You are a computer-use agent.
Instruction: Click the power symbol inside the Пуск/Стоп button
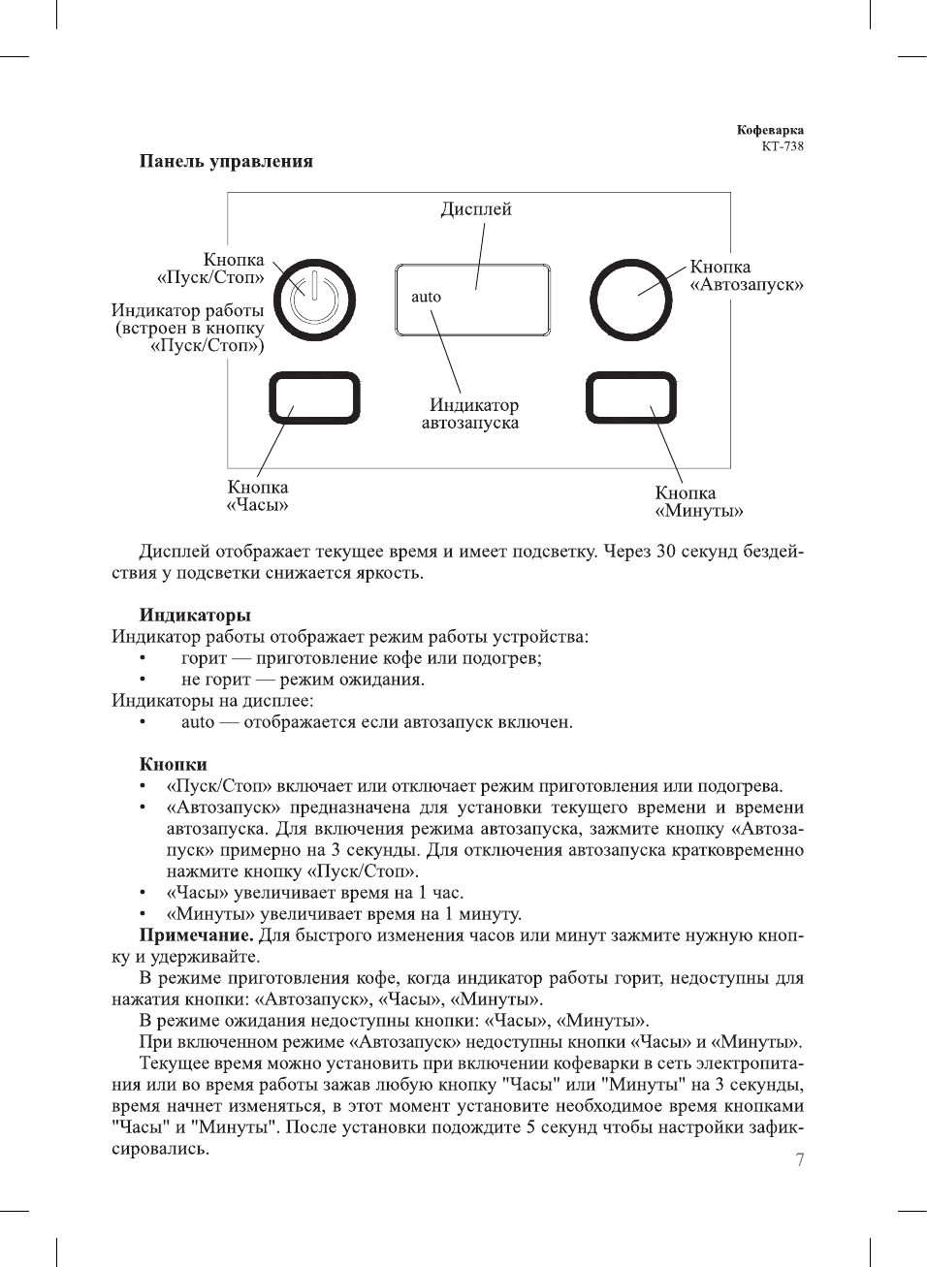pos(314,299)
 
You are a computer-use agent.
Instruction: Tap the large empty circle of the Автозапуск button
pos(630,300)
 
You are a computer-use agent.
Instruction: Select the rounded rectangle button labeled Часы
pos(314,398)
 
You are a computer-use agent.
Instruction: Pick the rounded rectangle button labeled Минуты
pos(631,398)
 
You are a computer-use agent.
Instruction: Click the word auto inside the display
pos(426,298)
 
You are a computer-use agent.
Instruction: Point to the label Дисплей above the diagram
pos(475,209)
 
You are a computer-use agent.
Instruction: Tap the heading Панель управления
pos(226,161)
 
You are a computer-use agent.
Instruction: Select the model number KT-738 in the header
pos(783,146)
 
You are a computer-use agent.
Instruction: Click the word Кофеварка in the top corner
pos(770,130)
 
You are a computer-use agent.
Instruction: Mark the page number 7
pos(800,1160)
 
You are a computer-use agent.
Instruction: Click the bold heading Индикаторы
pos(195,615)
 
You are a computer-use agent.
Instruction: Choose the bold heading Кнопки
pos(173,764)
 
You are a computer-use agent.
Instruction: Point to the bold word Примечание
pos(196,935)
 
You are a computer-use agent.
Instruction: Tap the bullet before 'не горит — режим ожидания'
pos(143,680)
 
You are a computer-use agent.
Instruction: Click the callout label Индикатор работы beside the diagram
pos(187,310)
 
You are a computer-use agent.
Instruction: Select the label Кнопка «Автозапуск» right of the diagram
pos(746,275)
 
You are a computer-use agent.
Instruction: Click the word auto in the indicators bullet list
pos(198,722)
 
